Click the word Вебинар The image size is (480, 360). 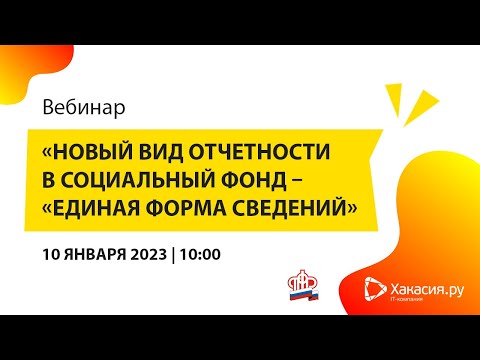click(x=85, y=105)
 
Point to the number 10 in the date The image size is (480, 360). click(x=53, y=253)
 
